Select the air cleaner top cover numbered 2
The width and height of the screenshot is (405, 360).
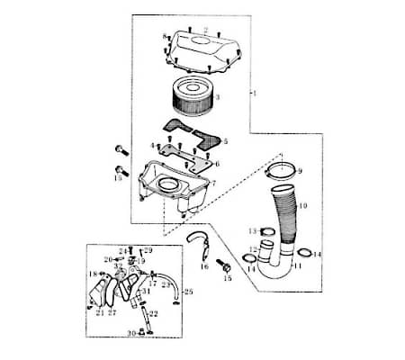203,49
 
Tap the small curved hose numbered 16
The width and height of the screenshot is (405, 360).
200,242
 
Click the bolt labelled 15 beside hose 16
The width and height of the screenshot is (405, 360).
224,266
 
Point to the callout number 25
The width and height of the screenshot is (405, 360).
188,292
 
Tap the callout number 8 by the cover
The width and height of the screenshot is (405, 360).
164,36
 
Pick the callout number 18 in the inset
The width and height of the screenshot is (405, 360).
91,274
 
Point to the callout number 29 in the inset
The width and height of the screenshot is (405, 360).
148,249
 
